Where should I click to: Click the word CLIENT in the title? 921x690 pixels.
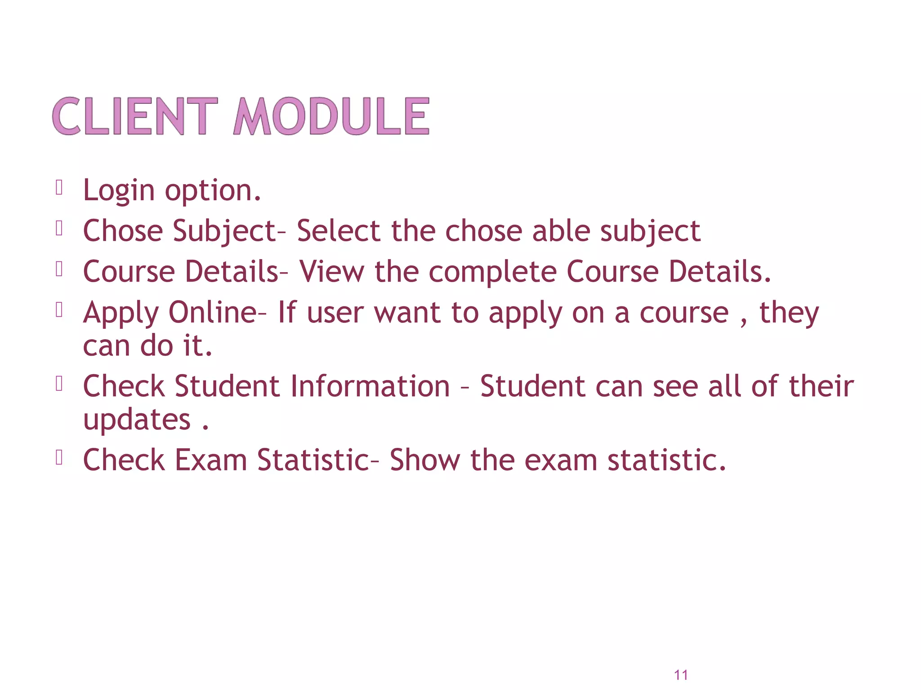pyautogui.click(x=135, y=116)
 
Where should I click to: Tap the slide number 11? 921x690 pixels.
pyautogui.click(x=681, y=675)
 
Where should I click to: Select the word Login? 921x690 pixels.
pyautogui.click(x=119, y=190)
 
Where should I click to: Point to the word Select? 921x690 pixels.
pyautogui.click(x=339, y=231)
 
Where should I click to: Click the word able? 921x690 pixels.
pyautogui.click(x=560, y=231)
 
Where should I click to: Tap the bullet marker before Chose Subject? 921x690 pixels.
pyautogui.click(x=59, y=228)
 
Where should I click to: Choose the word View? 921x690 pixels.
pyautogui.click(x=331, y=272)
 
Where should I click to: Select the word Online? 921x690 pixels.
pyautogui.click(x=213, y=313)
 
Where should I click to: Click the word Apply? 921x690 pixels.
pyautogui.click(x=121, y=314)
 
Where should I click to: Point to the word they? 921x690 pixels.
pyautogui.click(x=789, y=314)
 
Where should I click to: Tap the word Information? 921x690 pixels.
pyautogui.click(x=370, y=386)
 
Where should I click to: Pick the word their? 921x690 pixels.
pyautogui.click(x=821, y=386)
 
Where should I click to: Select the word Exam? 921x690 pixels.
pyautogui.click(x=210, y=460)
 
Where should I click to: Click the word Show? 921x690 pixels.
pyautogui.click(x=425, y=460)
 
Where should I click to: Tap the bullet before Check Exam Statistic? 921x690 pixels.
pyautogui.click(x=59, y=457)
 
